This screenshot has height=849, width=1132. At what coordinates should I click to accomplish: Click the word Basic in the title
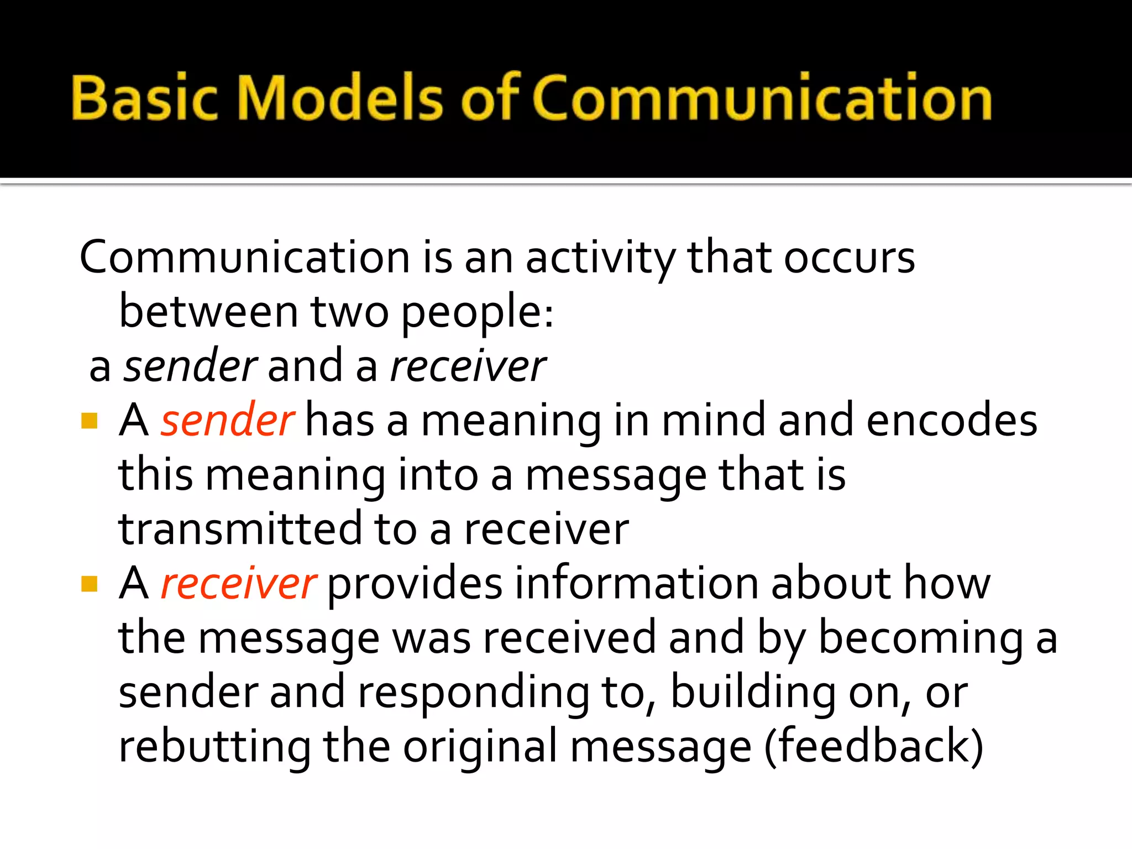[145, 98]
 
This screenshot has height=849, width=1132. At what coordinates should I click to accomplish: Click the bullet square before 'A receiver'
[89, 584]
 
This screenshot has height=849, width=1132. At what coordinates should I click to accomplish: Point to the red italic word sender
[227, 421]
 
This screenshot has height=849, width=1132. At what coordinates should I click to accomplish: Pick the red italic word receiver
[238, 584]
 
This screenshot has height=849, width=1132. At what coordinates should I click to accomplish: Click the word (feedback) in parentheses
[873, 746]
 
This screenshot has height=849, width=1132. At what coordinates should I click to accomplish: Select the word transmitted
[240, 529]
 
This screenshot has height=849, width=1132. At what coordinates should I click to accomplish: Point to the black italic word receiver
[468, 366]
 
